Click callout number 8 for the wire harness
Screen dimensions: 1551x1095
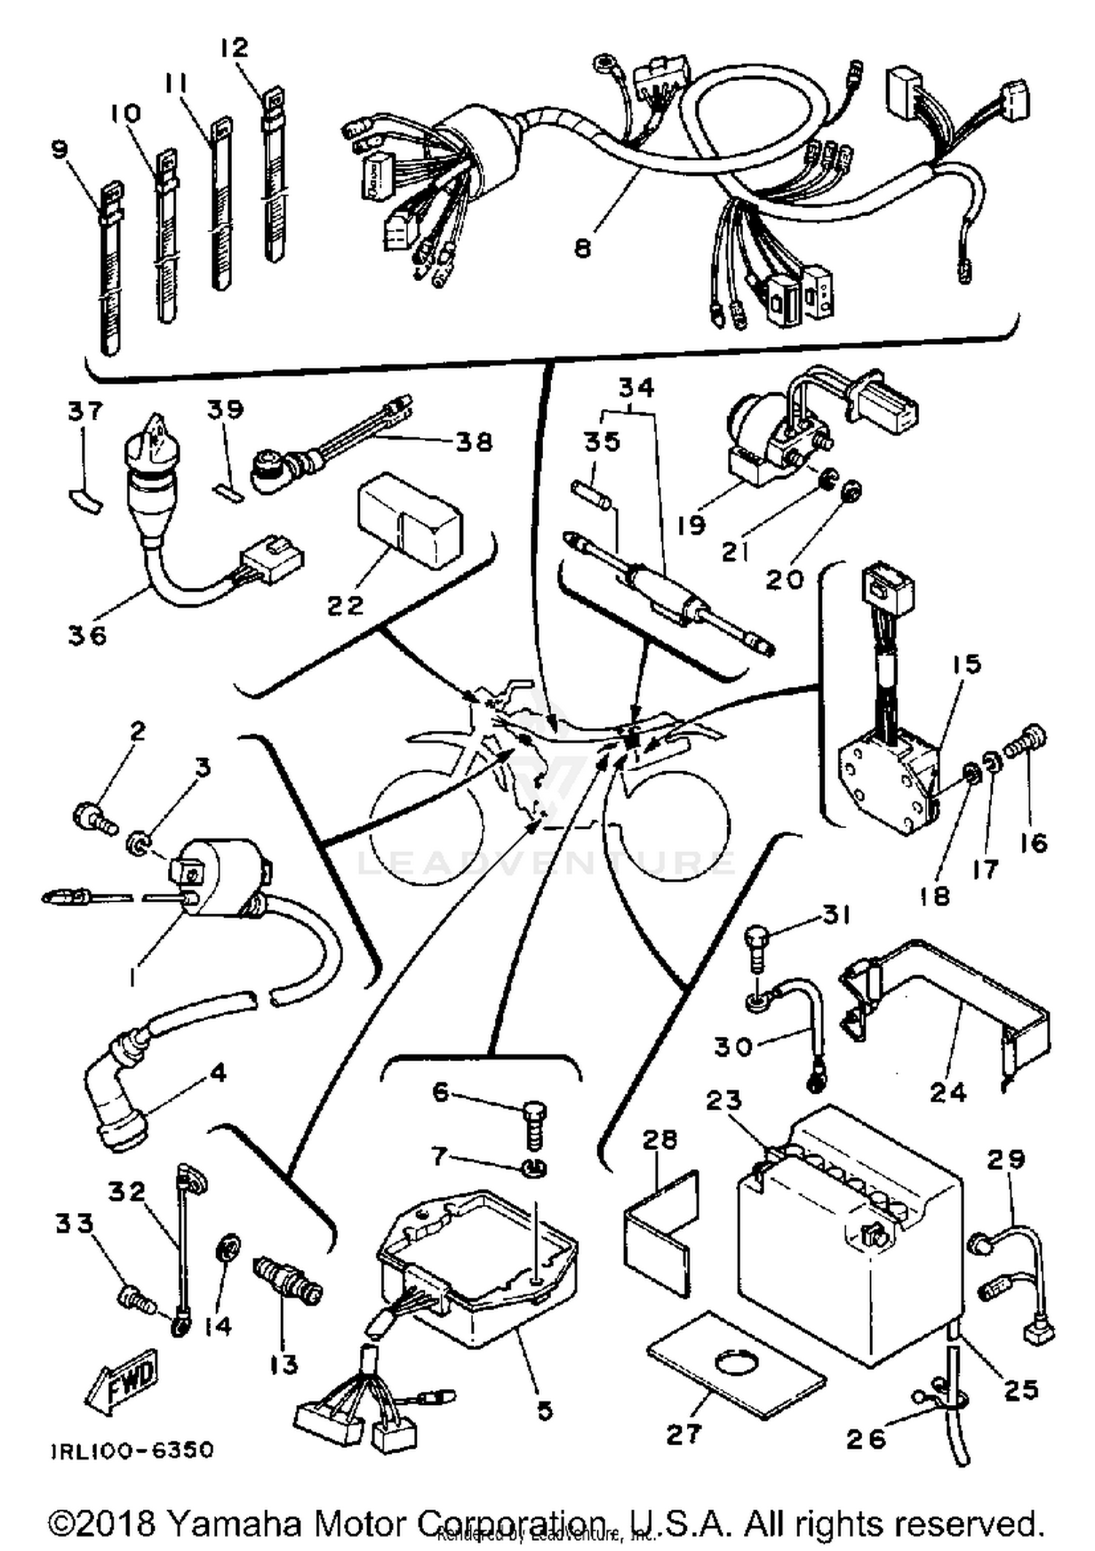[x=582, y=249]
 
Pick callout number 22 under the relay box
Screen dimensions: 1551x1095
[x=344, y=605]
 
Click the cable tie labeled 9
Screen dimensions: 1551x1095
[x=109, y=270]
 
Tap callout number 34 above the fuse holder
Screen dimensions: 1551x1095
[x=637, y=388]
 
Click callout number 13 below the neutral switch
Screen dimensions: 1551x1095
[x=283, y=1363]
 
